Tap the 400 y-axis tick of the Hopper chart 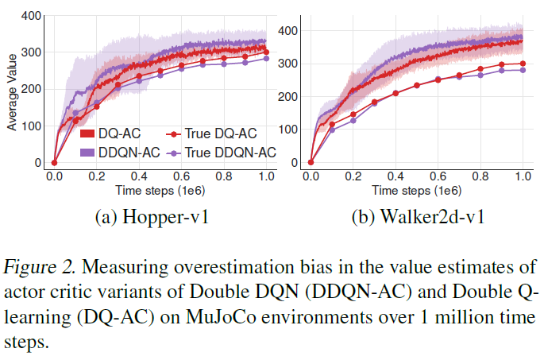pyautogui.click(x=31, y=15)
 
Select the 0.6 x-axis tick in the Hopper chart pyautogui.click(x=181, y=176)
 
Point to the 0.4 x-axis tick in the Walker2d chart pyautogui.click(x=395, y=176)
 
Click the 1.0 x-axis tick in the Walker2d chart pyautogui.click(x=522, y=176)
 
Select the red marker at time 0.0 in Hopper pyautogui.click(x=53, y=162)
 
